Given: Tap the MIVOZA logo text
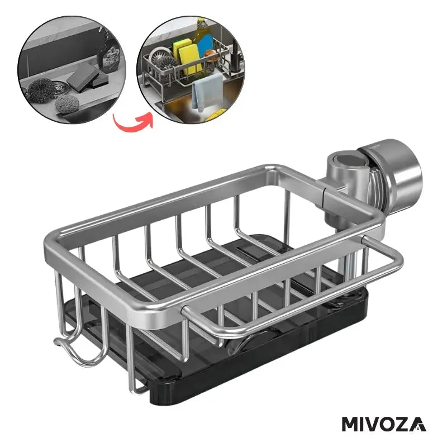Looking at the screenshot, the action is pos(384,424).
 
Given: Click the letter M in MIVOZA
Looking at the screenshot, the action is pos(351,424).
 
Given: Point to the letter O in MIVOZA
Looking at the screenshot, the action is pos(389,424).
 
